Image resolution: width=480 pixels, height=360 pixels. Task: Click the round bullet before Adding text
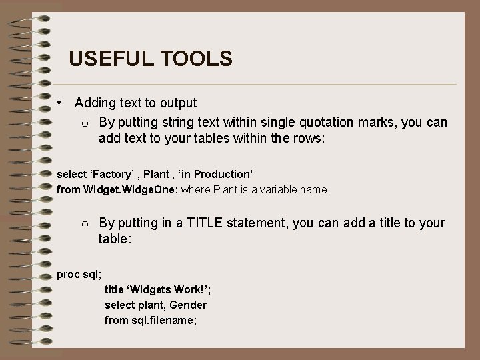point(60,103)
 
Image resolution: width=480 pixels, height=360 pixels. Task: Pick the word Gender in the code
point(189,305)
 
